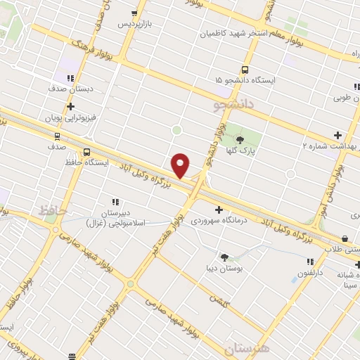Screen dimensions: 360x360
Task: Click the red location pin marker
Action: tap(181, 165)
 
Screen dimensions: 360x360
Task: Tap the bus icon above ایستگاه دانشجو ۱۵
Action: tap(245, 70)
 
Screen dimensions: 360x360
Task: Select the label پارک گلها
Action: tap(243, 150)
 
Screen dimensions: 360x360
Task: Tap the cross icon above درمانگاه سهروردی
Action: tap(219, 210)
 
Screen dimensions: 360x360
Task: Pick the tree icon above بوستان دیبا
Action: tap(225, 257)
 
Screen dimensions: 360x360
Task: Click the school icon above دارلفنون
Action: tap(310, 262)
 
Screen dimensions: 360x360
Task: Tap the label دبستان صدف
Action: tap(71, 89)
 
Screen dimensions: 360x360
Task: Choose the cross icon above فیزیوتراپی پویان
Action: tap(70, 106)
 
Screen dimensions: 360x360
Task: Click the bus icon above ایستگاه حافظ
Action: tap(86, 152)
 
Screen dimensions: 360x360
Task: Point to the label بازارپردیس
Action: tap(134, 24)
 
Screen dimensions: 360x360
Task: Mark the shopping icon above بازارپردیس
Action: tap(134, 13)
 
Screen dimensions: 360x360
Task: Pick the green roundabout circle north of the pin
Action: tap(176, 130)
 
